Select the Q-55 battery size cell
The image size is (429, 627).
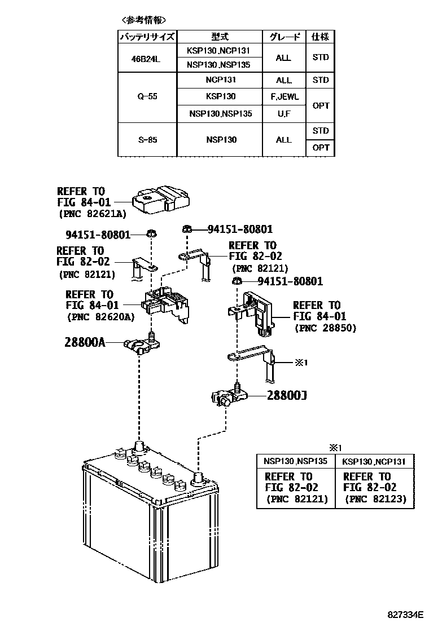(x=147, y=96)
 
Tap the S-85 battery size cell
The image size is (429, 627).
(x=147, y=140)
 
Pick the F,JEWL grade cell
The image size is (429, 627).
(x=284, y=96)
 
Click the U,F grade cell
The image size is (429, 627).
(x=284, y=114)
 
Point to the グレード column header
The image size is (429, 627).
(x=284, y=37)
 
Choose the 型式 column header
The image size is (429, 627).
(x=220, y=37)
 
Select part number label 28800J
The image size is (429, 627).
(x=287, y=396)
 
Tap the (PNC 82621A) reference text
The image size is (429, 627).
(x=92, y=214)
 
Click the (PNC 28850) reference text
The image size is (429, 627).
(x=325, y=328)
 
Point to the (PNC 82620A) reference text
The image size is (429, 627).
(x=101, y=317)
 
